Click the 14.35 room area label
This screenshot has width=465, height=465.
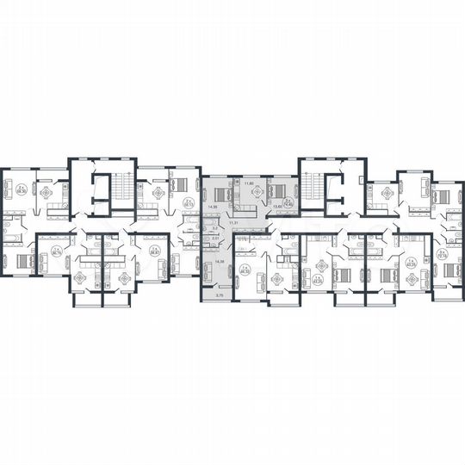[x=212, y=208]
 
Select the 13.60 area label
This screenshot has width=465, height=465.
[x=277, y=207]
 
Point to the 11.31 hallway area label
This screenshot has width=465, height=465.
[x=232, y=221]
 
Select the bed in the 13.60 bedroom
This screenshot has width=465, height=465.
[x=276, y=191]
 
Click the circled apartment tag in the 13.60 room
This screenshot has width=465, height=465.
[x=288, y=205]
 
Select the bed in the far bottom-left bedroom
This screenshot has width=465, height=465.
[x=22, y=261]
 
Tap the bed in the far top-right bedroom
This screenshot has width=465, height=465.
[x=442, y=196]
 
